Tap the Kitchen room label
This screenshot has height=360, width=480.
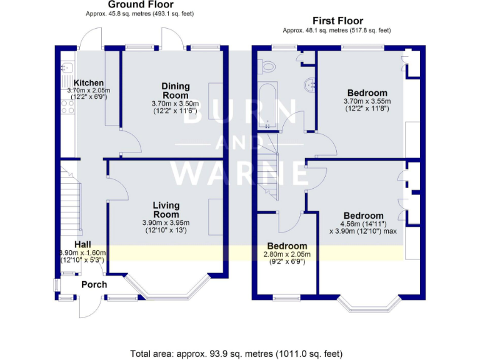[89, 82]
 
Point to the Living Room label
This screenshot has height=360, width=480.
[166, 210]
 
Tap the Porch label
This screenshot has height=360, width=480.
[94, 284]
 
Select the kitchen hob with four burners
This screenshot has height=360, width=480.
[67, 106]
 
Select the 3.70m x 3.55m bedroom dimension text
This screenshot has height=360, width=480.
[367, 102]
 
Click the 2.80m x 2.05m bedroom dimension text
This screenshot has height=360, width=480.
[287, 254]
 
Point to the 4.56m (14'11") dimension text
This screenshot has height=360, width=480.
[362, 224]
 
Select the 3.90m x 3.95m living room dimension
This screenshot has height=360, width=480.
[166, 223]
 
